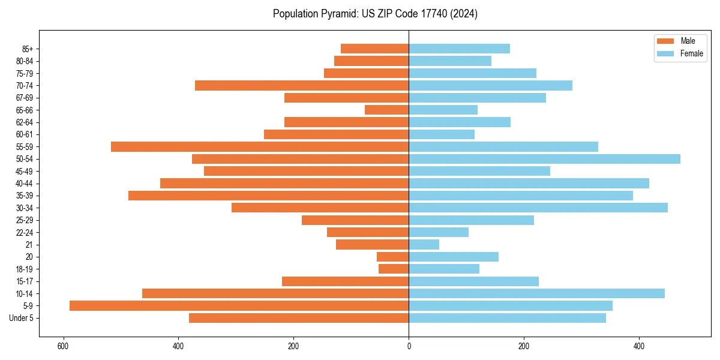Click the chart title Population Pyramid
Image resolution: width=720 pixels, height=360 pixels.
[x=375, y=14]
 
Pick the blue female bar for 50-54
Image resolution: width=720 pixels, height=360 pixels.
[x=544, y=159]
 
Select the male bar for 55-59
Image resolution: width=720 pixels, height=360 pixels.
[x=260, y=146]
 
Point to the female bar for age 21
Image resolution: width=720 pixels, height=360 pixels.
[x=424, y=244]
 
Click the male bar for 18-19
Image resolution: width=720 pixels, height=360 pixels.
[x=394, y=269]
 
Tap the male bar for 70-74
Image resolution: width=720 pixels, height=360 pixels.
[x=302, y=85]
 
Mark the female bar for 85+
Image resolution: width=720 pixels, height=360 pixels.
[x=459, y=49]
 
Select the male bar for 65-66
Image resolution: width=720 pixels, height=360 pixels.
[x=386, y=110]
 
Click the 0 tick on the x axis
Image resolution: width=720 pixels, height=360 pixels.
[x=409, y=346]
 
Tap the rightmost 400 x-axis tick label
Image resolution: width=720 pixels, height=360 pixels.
[x=639, y=346]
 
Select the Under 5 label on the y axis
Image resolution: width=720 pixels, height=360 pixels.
[x=21, y=318]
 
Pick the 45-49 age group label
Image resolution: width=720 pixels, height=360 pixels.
[x=25, y=171]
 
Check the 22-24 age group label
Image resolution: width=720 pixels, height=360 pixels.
[x=25, y=232]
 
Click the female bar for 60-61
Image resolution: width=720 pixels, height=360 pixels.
[x=442, y=134]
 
